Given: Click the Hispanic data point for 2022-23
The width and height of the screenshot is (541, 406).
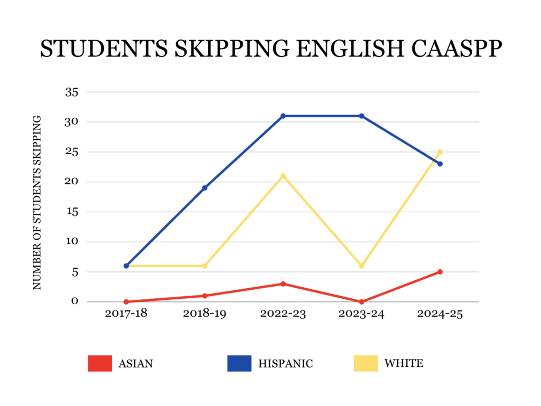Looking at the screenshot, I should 283,116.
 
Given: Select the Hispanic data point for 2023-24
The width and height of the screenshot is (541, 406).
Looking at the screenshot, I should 362,116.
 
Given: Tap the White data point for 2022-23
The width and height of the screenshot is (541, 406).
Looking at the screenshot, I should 283,176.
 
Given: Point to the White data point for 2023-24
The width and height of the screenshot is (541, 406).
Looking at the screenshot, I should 362,266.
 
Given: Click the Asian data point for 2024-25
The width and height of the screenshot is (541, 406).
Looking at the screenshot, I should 440,272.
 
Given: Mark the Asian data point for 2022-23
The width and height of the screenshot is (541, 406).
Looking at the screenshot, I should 283,284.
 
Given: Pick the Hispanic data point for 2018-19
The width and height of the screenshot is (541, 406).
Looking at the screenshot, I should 204,188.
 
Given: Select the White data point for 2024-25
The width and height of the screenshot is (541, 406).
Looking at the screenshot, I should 440,152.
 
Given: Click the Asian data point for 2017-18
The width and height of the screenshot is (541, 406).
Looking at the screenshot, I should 126,302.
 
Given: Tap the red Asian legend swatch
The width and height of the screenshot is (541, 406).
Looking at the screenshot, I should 100,363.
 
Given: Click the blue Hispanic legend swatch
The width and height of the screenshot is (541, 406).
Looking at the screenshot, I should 239,363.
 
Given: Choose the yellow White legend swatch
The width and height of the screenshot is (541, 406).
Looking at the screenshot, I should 366,363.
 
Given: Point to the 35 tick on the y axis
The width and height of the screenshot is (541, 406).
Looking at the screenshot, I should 71,92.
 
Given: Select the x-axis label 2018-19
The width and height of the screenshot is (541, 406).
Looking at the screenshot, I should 204,314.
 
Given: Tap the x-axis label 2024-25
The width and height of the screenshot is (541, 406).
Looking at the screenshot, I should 440,314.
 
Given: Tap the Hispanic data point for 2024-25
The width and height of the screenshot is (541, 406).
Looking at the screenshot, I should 440,164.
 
